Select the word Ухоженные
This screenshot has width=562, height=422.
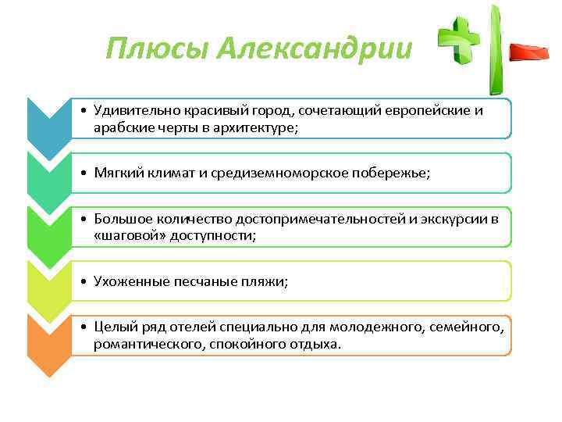(129, 281)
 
